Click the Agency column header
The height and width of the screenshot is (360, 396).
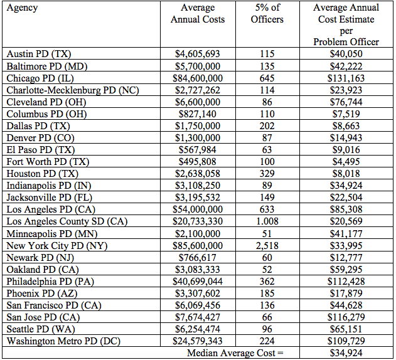(x=22, y=8)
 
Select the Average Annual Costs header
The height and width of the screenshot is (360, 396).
(x=198, y=13)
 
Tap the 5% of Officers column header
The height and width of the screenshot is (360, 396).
(x=267, y=13)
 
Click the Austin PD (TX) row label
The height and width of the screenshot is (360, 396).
(x=39, y=54)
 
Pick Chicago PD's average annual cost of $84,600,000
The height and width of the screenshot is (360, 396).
(x=198, y=78)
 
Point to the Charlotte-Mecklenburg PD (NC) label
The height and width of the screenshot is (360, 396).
(x=73, y=90)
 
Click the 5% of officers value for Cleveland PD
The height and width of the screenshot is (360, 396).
(x=267, y=102)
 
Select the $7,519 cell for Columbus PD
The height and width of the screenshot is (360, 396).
(x=346, y=114)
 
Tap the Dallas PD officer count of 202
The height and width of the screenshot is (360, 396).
(x=267, y=125)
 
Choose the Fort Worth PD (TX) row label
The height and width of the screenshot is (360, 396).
(x=48, y=162)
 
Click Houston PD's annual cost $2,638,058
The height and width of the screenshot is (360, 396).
(x=198, y=174)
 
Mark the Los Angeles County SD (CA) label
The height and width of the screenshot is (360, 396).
(x=67, y=221)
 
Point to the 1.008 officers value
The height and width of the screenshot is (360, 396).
(x=267, y=221)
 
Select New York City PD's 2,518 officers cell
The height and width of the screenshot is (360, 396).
(x=267, y=245)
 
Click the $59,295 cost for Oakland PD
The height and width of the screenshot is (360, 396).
(x=346, y=269)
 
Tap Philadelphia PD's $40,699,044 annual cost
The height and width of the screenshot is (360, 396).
(x=198, y=281)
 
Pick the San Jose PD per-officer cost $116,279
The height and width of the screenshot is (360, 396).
(x=346, y=317)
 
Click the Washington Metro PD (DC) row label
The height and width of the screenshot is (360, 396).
(x=63, y=341)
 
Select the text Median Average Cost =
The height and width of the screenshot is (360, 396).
(x=235, y=353)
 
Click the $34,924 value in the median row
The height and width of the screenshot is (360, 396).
(x=346, y=353)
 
